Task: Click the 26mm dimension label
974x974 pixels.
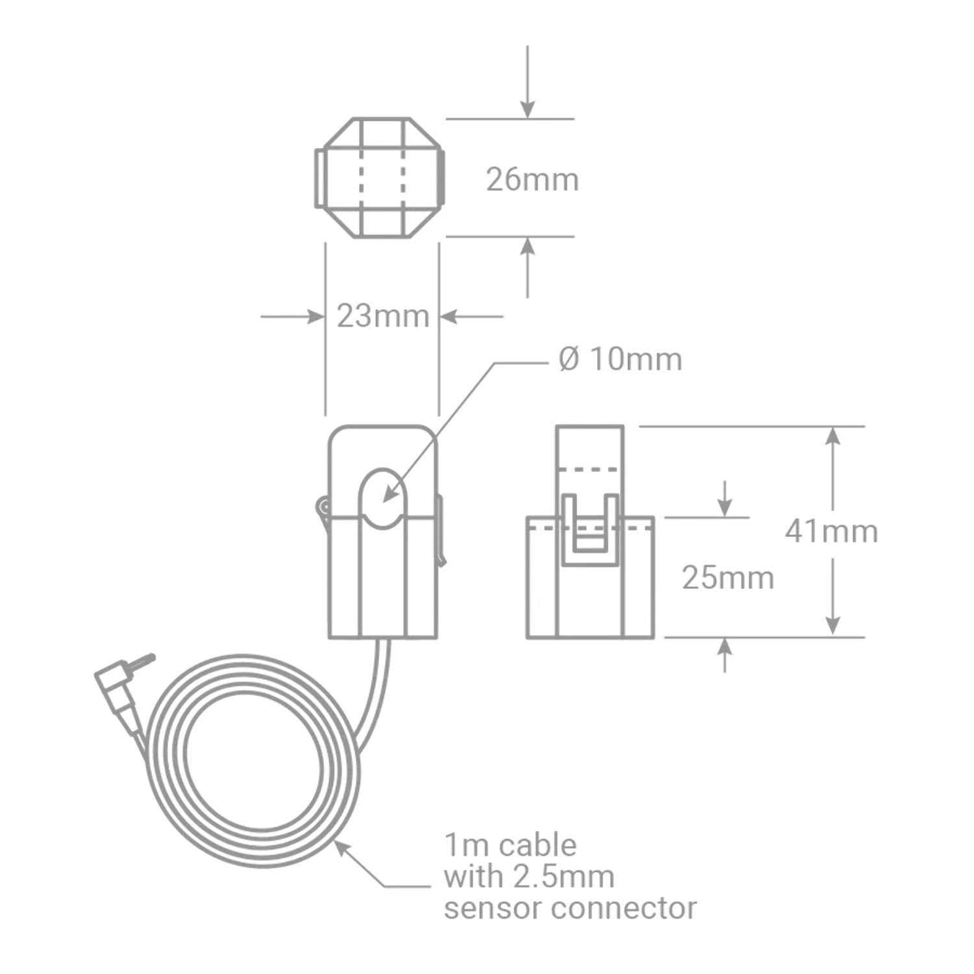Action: pos(532,180)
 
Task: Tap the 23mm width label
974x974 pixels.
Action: pos(383,316)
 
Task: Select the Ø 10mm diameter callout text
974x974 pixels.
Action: pos(620,359)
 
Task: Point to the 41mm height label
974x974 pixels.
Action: pos(831,531)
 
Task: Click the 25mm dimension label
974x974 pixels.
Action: pos(728,578)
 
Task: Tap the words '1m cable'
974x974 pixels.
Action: pos(510,845)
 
